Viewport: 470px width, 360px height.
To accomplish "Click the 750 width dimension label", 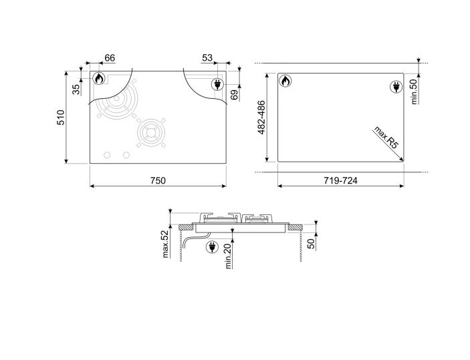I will [158, 180].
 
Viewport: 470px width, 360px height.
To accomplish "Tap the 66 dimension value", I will [110, 59].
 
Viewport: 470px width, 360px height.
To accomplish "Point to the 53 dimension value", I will [207, 59].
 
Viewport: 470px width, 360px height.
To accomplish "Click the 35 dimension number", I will [76, 87].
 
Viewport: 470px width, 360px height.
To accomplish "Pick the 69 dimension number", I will [234, 94].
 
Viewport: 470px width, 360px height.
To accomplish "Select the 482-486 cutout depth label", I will [262, 118].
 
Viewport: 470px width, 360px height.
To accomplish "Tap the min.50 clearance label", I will [414, 91].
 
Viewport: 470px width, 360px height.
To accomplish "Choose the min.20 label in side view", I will [228, 256].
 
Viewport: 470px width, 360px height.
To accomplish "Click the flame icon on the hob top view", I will [99, 79].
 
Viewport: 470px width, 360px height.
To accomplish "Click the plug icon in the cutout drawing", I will [394, 86].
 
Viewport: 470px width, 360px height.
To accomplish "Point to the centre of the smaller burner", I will [150, 134].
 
